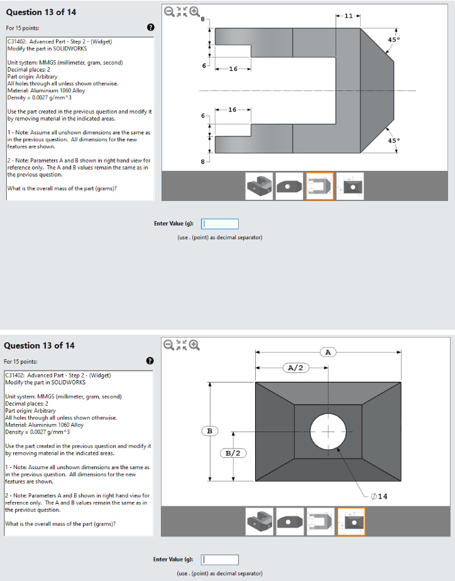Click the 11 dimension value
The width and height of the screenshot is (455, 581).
(348, 15)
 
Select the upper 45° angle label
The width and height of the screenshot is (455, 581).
(393, 40)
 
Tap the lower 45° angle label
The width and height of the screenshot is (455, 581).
(393, 141)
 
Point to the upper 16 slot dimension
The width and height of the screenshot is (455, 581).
(233, 68)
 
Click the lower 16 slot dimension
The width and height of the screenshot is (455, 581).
(233, 110)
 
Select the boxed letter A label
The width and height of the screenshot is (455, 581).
(327, 352)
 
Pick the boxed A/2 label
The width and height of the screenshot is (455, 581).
(295, 367)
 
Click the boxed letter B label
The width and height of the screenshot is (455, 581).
(210, 431)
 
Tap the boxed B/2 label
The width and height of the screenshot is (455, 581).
(233, 453)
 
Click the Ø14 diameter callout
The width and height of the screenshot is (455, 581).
(379, 496)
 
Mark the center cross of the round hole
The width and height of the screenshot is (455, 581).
(327, 432)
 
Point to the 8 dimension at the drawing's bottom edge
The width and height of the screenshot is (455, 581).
(202, 162)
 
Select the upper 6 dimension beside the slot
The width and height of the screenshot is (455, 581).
(202, 65)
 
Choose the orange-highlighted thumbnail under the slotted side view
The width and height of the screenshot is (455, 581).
(319, 186)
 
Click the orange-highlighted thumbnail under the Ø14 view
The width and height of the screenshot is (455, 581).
(351, 521)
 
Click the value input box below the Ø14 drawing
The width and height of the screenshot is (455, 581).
(220, 560)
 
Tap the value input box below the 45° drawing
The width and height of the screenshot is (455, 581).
(220, 224)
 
